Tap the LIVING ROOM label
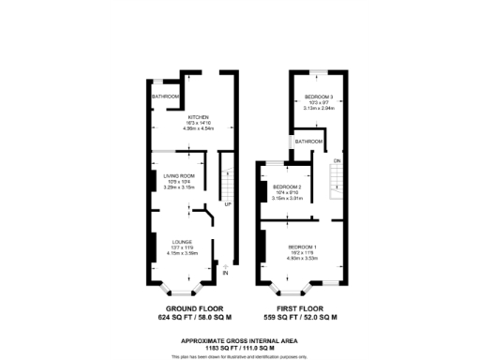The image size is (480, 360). (x=178, y=175)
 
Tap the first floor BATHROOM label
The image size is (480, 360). (x=307, y=141)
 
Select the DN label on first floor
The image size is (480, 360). (x=336, y=162)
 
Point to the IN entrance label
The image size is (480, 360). (x=225, y=274)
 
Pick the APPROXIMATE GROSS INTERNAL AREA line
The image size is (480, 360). (x=241, y=339)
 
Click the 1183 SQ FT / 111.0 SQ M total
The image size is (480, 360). (x=241, y=347)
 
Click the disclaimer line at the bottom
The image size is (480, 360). (x=241, y=356)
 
